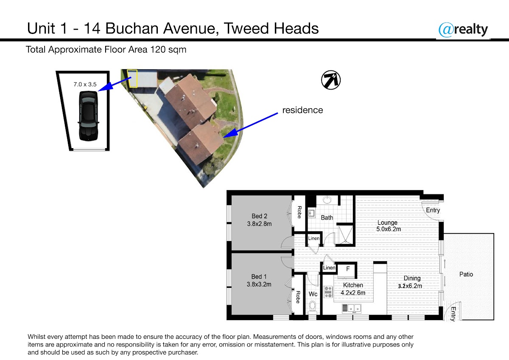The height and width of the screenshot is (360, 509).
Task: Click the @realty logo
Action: pos(463,30)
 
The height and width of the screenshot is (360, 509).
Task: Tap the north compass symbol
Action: pos(330,80)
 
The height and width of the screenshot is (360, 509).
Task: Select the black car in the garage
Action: pos(88,116)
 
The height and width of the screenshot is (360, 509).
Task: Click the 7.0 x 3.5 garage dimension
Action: pos(85,84)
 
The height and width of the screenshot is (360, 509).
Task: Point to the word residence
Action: pos(302,110)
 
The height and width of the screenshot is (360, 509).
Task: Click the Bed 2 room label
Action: pos(259,216)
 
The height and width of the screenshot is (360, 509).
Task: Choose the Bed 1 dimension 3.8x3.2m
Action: pos(259,284)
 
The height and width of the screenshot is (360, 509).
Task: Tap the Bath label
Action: pos(327,218)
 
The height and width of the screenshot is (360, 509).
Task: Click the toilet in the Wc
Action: pos(313,307)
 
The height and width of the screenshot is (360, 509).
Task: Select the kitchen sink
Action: pos(352,308)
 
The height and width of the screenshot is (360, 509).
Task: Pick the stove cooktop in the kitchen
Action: pos(328,292)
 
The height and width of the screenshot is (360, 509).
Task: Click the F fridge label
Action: pos(348,269)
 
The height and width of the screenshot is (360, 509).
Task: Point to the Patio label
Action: pos(466,274)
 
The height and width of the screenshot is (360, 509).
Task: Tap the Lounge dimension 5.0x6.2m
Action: pos(389,229)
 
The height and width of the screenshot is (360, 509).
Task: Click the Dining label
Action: pos(412,278)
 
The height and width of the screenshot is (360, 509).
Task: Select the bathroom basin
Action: pos(327,200)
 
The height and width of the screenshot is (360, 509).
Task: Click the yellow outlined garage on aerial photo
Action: pos(132,79)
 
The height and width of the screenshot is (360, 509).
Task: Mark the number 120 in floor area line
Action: pos(158,50)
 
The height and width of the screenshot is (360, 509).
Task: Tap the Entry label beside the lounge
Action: pos(433,211)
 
